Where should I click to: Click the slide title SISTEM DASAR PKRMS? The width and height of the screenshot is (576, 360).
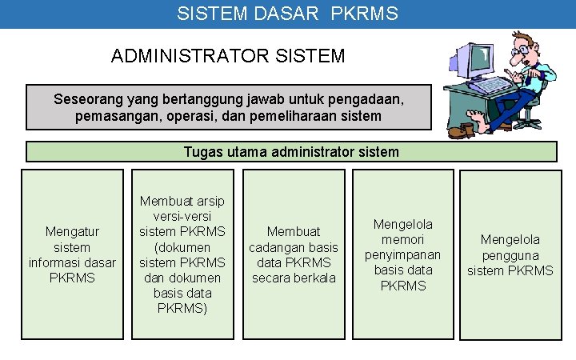[287, 14]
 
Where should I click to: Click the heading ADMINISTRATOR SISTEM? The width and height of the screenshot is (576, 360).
[228, 56]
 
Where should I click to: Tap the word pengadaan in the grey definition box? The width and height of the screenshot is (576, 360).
[365, 100]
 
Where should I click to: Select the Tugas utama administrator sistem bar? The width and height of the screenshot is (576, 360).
[291, 152]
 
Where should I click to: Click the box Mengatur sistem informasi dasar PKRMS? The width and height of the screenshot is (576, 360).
[72, 254]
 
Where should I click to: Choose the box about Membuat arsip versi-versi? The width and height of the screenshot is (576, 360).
[182, 254]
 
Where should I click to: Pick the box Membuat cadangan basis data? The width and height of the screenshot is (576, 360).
[293, 254]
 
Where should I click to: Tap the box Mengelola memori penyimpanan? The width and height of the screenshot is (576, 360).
[402, 254]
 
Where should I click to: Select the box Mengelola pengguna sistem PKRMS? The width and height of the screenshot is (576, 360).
[510, 254]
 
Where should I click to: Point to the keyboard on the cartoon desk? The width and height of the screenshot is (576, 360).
[488, 84]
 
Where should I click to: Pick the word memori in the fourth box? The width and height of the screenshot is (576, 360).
[403, 239]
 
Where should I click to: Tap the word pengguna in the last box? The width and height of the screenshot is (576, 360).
[510, 255]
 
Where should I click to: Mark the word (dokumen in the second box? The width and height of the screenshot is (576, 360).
[182, 247]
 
